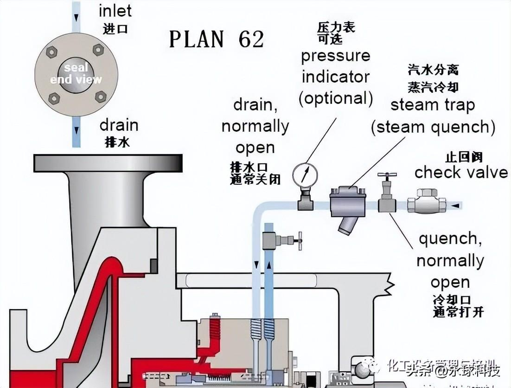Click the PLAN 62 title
pyautogui.click(x=217, y=39)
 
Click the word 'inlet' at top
pyautogui.click(x=115, y=10)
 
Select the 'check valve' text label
pyautogui.click(x=461, y=173)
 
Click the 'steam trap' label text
pyautogui.click(x=433, y=105)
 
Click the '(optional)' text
pyautogui.click(x=336, y=98)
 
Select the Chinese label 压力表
pyautogui.click(x=336, y=27)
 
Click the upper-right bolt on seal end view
pyautogui.click(x=98, y=49)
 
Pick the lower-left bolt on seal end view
pyautogui.click(x=54, y=98)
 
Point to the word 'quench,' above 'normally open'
pyautogui.click(x=448, y=239)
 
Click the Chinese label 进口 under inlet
pyautogui.click(x=115, y=29)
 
